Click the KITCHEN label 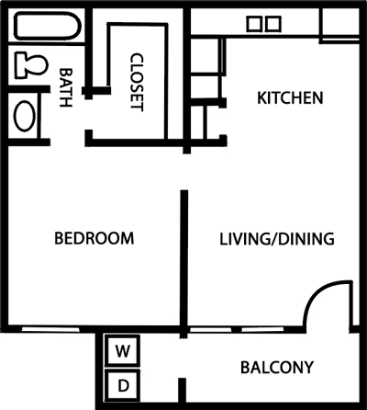[290, 97]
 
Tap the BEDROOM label [95, 239]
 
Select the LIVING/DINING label [276, 239]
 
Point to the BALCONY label [277, 368]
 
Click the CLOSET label [138, 81]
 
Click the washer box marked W [121, 350]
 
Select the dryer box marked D [121, 383]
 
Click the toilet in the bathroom [30, 65]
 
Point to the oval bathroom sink [25, 118]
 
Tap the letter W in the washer [121, 350]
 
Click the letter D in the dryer [121, 383]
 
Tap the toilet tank [20, 65]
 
